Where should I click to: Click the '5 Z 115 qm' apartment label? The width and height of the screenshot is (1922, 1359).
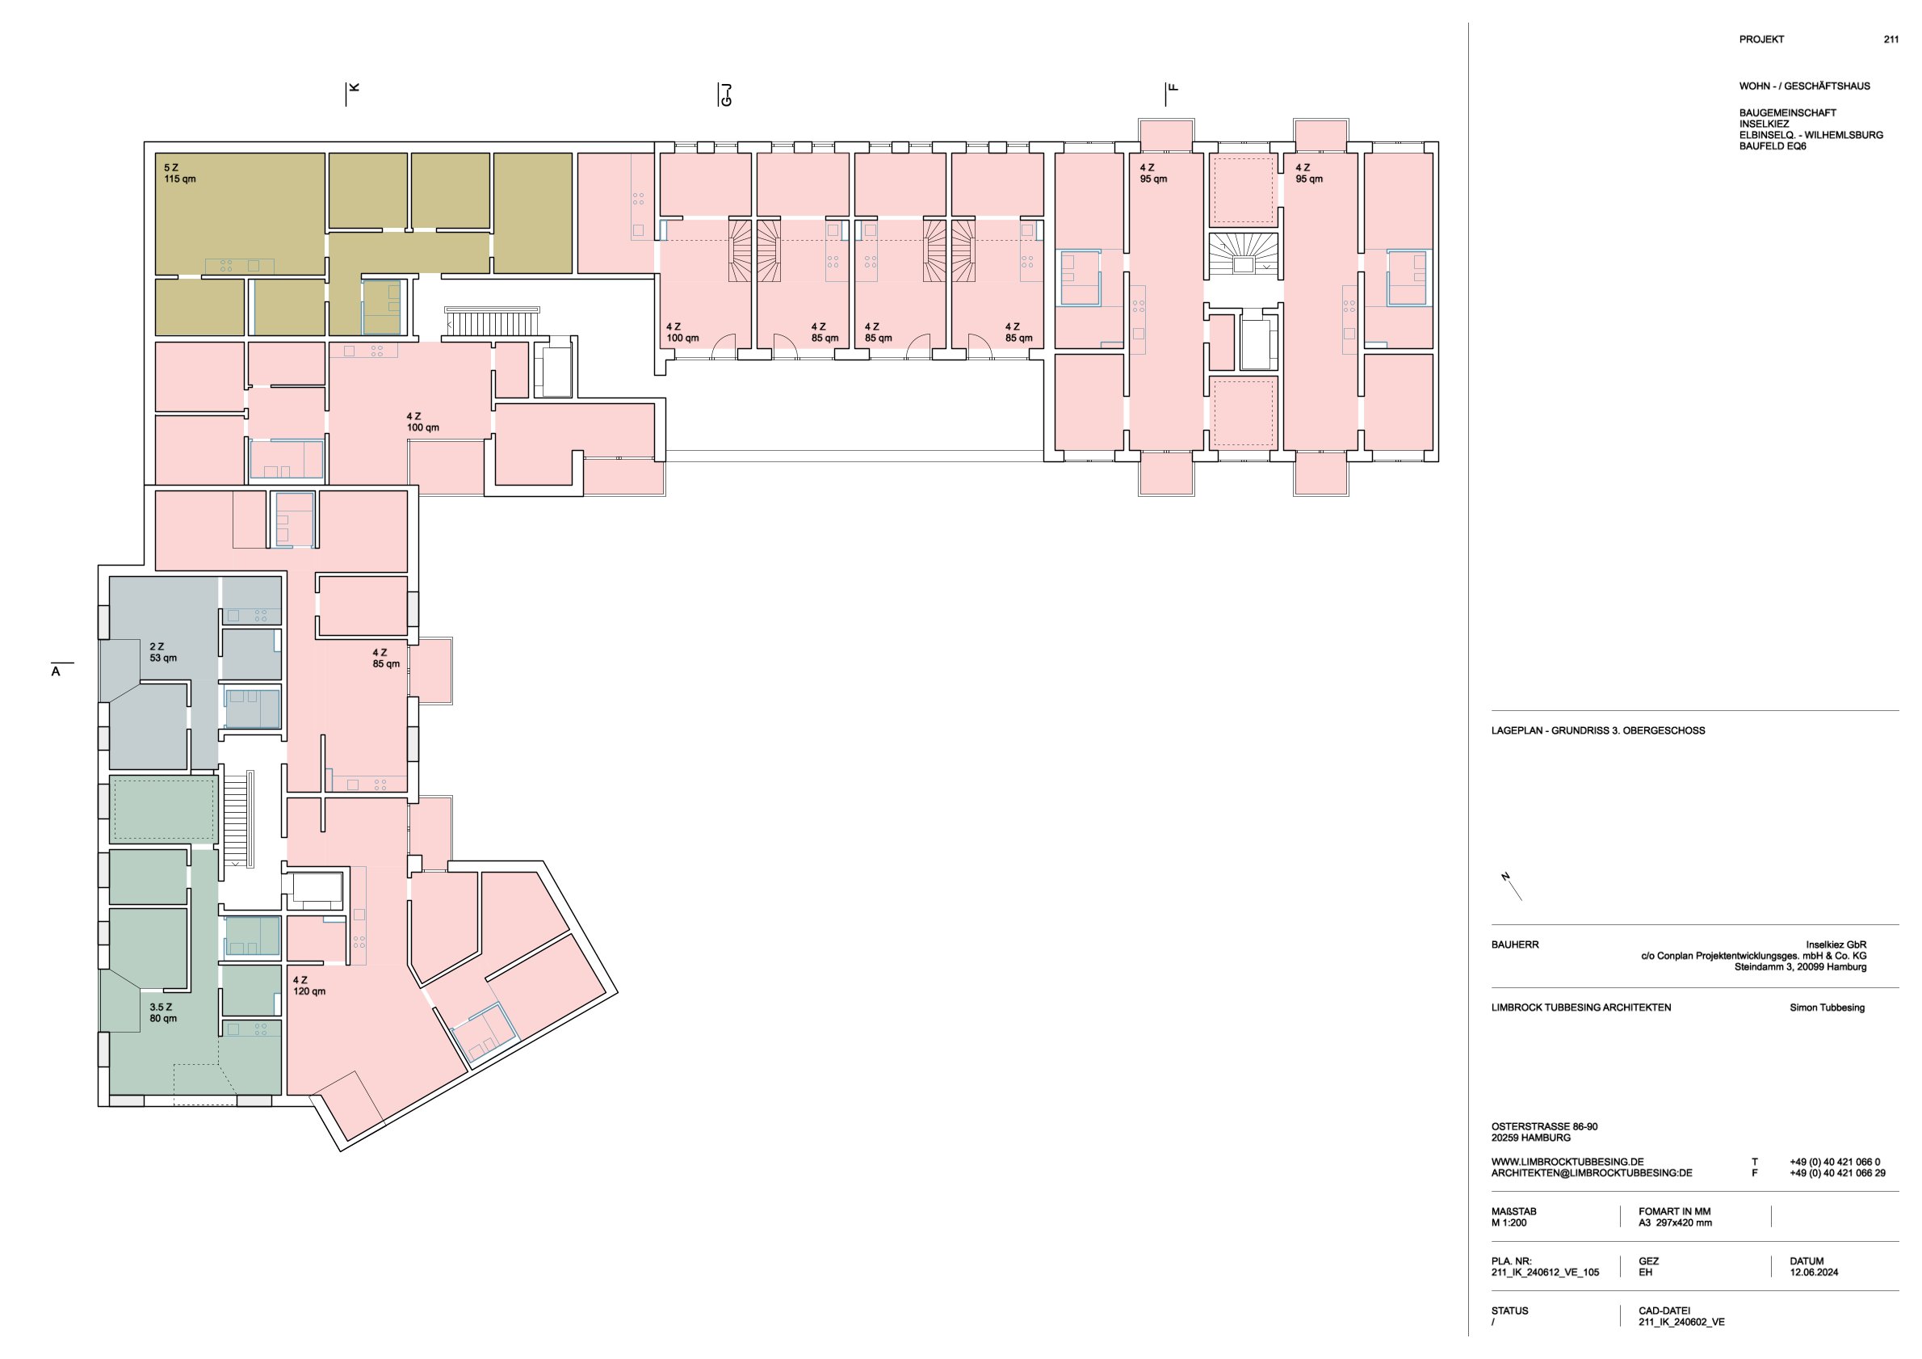click(x=179, y=174)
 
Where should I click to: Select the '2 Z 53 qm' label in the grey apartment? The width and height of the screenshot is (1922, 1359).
click(x=163, y=652)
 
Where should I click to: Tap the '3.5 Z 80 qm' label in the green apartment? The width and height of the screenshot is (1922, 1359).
click(x=163, y=1013)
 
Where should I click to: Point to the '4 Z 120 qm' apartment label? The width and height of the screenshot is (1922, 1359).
click(x=308, y=986)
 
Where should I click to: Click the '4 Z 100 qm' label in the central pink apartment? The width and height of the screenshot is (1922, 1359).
click(x=422, y=422)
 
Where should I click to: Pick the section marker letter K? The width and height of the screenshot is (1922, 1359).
click(x=354, y=87)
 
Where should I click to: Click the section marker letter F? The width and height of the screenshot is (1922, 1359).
click(x=1173, y=87)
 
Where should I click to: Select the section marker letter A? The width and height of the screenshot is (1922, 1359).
click(x=56, y=671)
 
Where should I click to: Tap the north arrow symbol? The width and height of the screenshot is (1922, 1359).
click(x=1511, y=886)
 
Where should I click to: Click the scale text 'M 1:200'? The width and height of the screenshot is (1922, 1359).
click(x=1509, y=1222)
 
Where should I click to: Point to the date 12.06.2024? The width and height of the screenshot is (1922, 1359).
click(x=1814, y=1272)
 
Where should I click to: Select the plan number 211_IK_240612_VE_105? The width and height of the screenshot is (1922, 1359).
click(x=1546, y=1272)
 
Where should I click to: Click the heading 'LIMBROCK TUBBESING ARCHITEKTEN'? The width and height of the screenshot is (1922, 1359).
click(x=1581, y=1008)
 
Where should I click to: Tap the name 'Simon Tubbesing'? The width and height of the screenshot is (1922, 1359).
click(x=1828, y=1008)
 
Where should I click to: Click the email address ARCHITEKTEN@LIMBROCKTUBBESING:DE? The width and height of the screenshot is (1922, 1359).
click(x=1592, y=1173)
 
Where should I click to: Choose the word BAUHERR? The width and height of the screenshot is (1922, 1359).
click(x=1515, y=945)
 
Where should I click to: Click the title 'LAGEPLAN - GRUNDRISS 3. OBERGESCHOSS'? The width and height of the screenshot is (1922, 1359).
click(x=1598, y=730)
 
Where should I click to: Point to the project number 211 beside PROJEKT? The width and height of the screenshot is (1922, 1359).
click(x=1891, y=40)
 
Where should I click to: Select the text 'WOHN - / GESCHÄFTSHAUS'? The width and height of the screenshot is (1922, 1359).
click(x=1805, y=86)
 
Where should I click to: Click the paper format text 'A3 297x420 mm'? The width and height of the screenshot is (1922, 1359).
click(x=1675, y=1222)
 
